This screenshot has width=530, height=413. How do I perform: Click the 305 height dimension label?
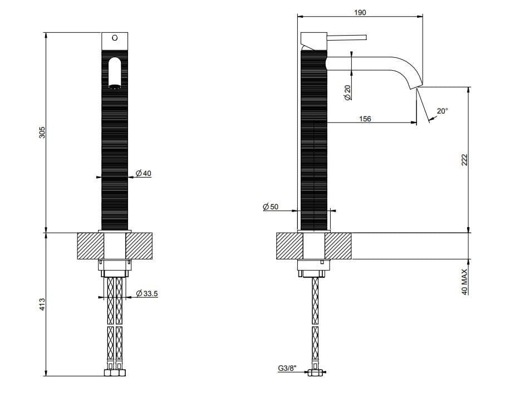42,132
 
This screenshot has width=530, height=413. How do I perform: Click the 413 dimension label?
42,304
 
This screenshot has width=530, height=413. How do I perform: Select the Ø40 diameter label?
143,174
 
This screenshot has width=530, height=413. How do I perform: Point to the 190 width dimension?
360,12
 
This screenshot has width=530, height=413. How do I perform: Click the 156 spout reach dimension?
365,119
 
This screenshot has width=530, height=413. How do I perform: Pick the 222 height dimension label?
464,160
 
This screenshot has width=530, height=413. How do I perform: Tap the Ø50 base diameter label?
271,207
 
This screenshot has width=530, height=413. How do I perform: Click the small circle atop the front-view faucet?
115,38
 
